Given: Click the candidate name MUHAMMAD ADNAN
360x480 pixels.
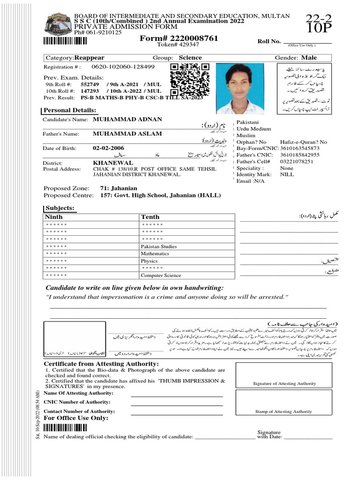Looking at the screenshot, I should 127,120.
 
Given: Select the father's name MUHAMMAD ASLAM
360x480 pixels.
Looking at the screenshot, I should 127,134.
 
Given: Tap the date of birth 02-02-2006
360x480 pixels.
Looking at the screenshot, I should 108,148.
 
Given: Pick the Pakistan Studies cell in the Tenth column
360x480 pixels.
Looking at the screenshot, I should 159,247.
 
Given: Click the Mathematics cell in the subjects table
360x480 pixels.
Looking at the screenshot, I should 155,254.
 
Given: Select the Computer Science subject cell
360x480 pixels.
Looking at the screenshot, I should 161,276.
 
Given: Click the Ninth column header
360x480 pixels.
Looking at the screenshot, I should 53,217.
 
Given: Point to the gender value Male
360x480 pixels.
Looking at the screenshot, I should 309,58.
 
